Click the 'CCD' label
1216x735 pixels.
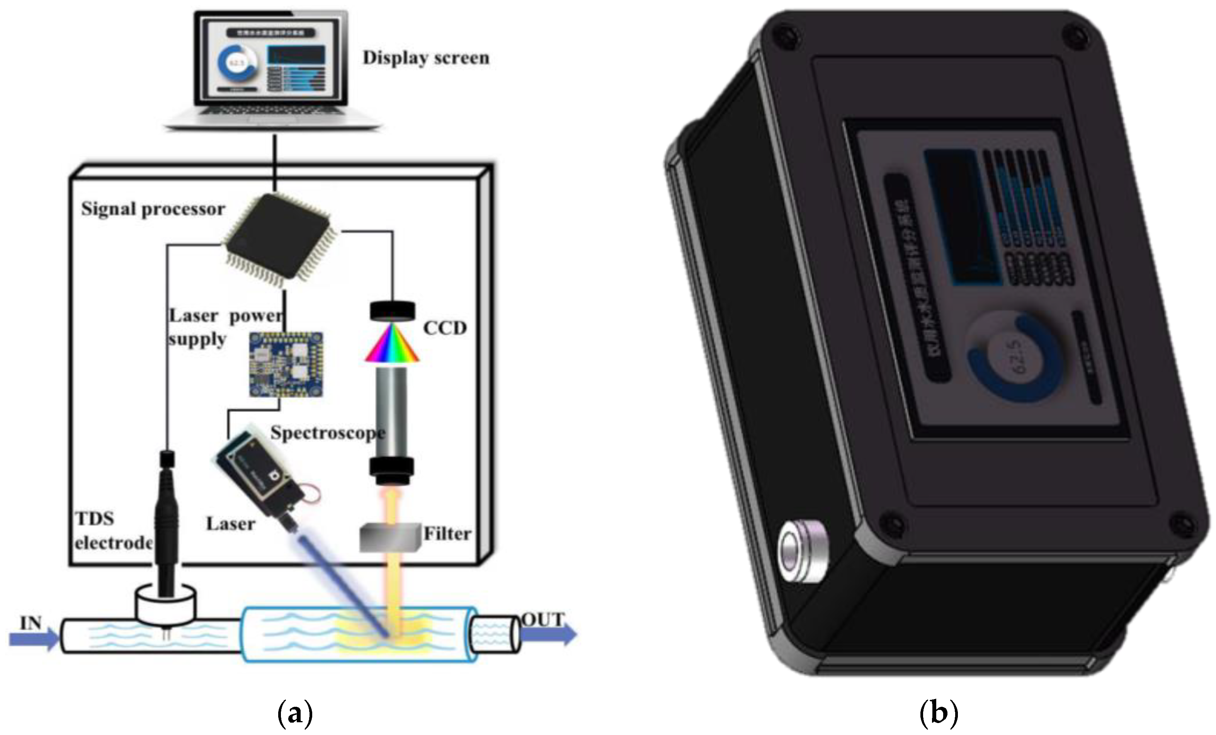click(x=445, y=328)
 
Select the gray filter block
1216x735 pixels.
click(x=390, y=538)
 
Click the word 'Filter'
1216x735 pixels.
click(x=447, y=534)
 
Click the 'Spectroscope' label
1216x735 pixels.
click(x=327, y=433)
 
